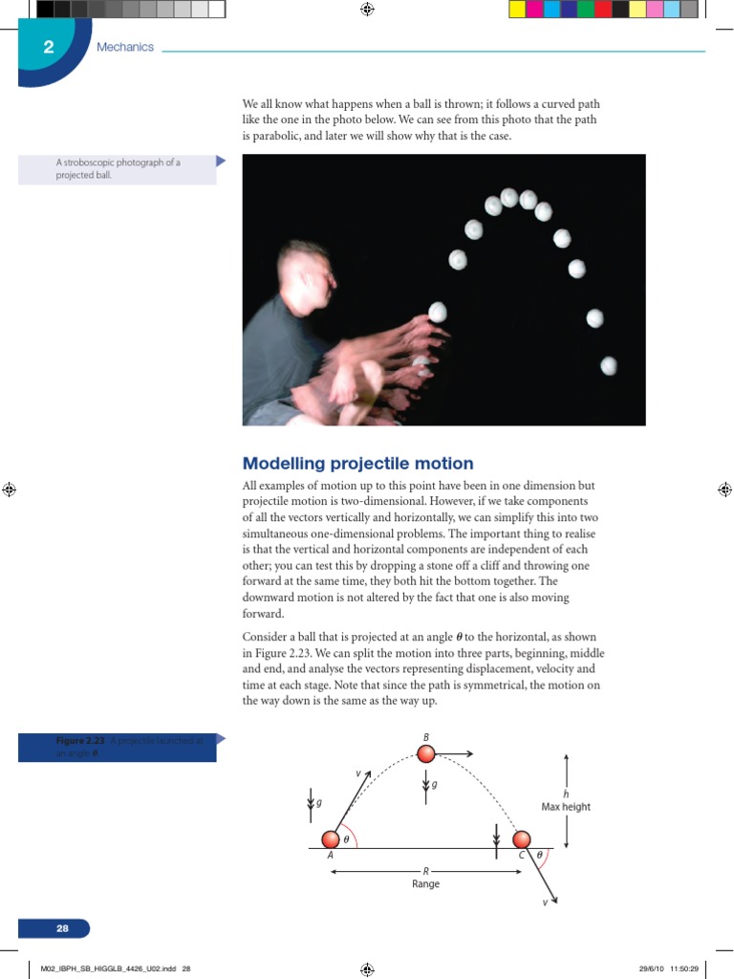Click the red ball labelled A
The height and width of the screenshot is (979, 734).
pyautogui.click(x=330, y=839)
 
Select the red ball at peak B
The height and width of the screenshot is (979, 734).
pyautogui.click(x=426, y=754)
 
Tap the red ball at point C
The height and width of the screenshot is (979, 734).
pyautogui.click(x=521, y=839)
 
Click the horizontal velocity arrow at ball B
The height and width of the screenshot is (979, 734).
pyautogui.click(x=456, y=754)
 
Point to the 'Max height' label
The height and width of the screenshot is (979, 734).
pyautogui.click(x=566, y=807)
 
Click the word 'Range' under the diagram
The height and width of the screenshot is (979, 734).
pyautogui.click(x=426, y=884)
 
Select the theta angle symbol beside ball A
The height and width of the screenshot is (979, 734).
pyautogui.click(x=347, y=838)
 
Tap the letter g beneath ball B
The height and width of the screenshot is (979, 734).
pyautogui.click(x=434, y=785)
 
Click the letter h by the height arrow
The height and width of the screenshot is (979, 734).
pyautogui.click(x=566, y=794)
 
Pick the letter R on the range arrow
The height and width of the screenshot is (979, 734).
pyautogui.click(x=426, y=871)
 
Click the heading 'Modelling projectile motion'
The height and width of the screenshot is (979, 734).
pyautogui.click(x=357, y=464)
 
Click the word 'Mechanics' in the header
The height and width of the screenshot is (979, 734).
pyautogui.click(x=125, y=47)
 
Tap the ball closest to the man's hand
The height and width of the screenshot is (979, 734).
pyautogui.click(x=438, y=311)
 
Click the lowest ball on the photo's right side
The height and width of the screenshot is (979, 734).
pyautogui.click(x=609, y=365)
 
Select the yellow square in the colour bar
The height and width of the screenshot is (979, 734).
pyautogui.click(x=516, y=10)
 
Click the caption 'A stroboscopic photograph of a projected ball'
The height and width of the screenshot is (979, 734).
pyautogui.click(x=118, y=169)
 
